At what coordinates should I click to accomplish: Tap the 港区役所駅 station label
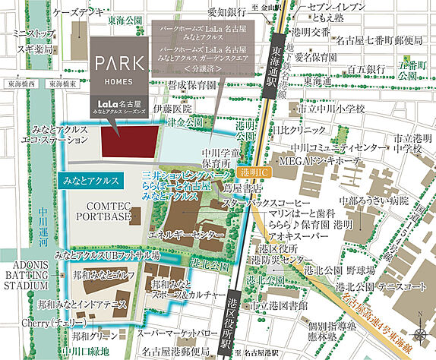228,321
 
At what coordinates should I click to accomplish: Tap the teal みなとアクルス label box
90,182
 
